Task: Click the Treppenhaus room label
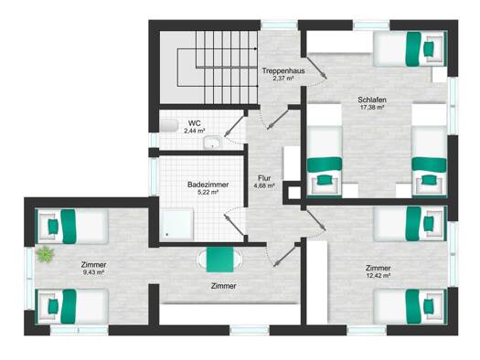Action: click(283, 70)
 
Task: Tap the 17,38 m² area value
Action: click(371, 107)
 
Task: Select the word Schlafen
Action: click(372, 100)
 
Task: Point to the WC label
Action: click(195, 123)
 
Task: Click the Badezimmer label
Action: click(208, 185)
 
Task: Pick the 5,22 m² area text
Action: click(208, 193)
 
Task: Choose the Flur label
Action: click(264, 178)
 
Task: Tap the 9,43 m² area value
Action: click(93, 272)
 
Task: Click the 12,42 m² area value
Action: click(379, 276)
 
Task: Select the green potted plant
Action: click(46, 254)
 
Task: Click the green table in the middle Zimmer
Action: click(219, 259)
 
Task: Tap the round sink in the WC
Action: click(212, 143)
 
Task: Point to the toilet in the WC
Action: click(169, 126)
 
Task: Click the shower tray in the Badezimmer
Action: click(177, 225)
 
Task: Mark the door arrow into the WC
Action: click(234, 127)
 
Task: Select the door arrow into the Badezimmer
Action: click(234, 225)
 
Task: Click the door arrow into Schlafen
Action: click(315, 68)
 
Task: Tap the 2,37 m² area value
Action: click(283, 79)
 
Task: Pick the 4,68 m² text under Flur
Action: click(264, 185)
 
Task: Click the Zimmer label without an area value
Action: click(223, 286)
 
